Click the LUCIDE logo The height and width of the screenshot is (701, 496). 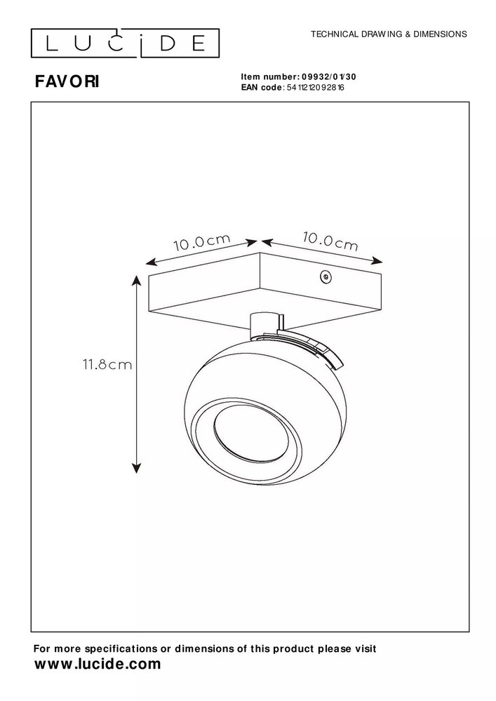[126, 44]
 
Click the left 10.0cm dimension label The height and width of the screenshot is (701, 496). [201, 243]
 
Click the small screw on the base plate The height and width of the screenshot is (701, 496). [323, 277]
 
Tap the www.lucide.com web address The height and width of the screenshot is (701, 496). [98, 663]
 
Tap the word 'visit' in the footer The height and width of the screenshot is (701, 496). [363, 649]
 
